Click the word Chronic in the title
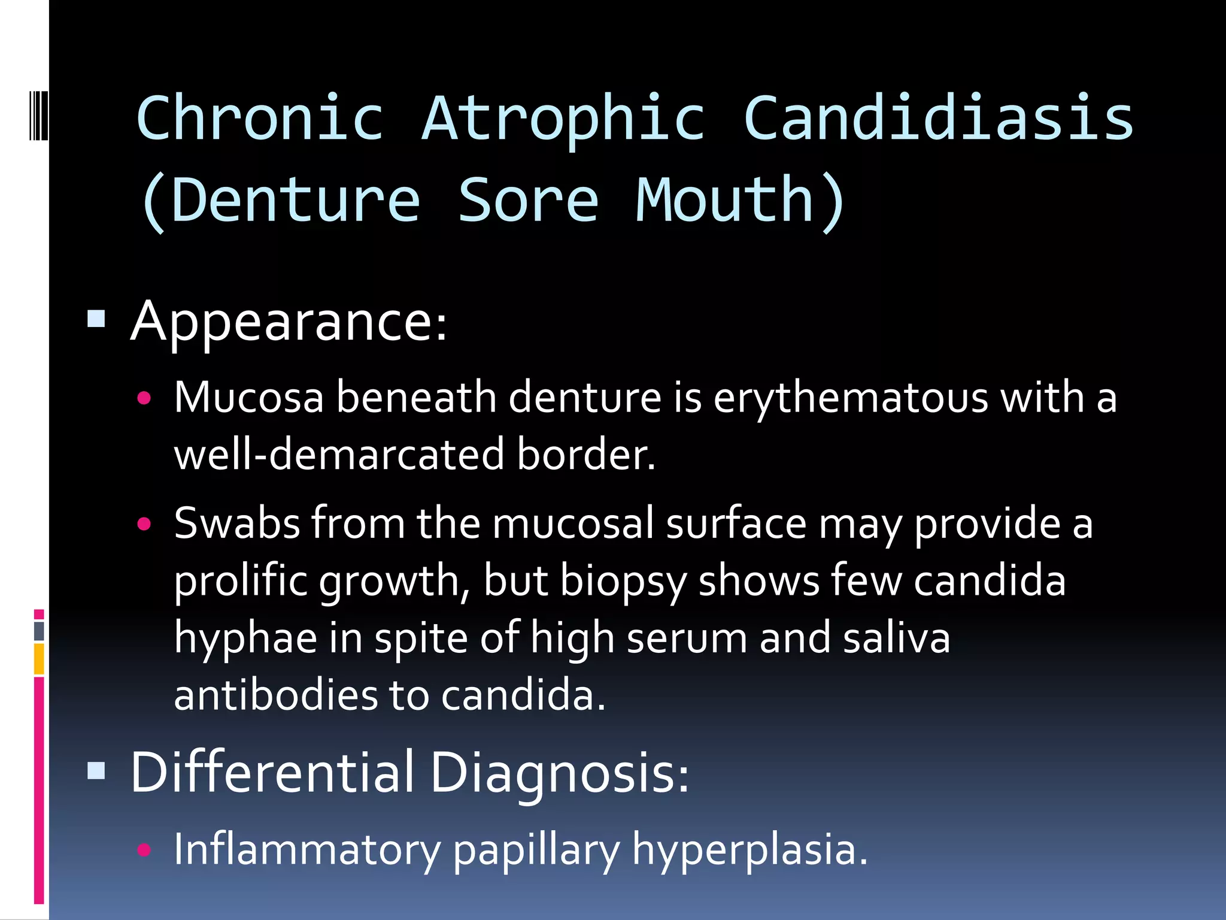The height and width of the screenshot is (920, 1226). [260, 119]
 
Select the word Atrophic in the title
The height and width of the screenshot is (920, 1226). [563, 119]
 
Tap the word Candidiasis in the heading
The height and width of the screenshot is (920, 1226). [938, 119]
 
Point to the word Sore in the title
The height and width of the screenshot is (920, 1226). [528, 200]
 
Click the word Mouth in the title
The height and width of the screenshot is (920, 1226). [724, 200]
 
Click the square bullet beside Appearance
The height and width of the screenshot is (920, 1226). [96, 319]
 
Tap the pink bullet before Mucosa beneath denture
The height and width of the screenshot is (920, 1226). [144, 398]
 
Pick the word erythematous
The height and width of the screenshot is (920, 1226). [851, 398]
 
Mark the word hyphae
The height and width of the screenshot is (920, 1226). [245, 638]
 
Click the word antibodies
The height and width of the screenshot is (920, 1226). [275, 695]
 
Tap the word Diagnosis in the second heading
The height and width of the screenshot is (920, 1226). [559, 773]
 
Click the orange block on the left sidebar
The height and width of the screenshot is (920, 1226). [39, 659]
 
